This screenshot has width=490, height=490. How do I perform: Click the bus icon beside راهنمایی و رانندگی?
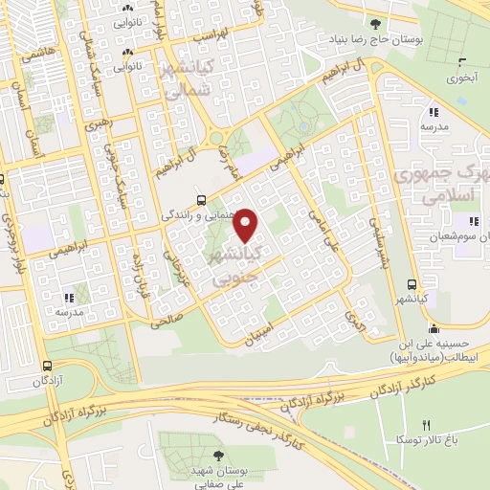tap(200, 200)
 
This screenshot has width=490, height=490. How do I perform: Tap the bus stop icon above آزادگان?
tap(48, 365)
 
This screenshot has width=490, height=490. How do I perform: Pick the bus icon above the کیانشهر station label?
tap(412, 285)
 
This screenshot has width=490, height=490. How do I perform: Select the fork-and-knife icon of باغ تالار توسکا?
tap(427, 425)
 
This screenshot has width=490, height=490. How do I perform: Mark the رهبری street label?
tap(98, 125)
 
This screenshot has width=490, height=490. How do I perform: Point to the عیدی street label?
tap(355, 310)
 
